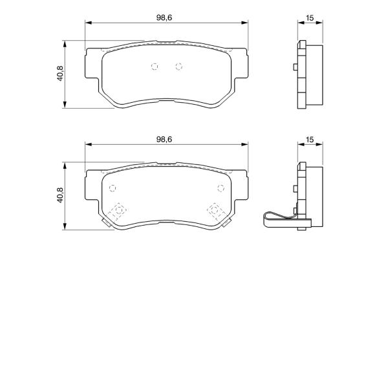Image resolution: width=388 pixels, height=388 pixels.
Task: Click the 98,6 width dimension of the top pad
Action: coord(164,18)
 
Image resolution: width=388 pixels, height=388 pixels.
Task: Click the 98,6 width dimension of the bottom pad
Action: coord(164,140)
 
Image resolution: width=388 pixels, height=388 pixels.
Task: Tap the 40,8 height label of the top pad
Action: coord(60,74)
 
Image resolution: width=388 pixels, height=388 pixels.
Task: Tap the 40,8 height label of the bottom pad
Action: coord(60,195)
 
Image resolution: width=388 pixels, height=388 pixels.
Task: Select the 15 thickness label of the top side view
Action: coord(310,18)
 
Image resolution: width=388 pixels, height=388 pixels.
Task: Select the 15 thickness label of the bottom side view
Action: coord(310,140)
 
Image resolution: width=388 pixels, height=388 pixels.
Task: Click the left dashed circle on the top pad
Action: coord(155,67)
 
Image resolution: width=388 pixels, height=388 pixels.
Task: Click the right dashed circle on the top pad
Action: coord(179,67)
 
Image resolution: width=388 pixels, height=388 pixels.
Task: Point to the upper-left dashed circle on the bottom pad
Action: coord(113,188)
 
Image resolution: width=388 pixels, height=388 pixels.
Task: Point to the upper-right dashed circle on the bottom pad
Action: coord(221,188)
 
